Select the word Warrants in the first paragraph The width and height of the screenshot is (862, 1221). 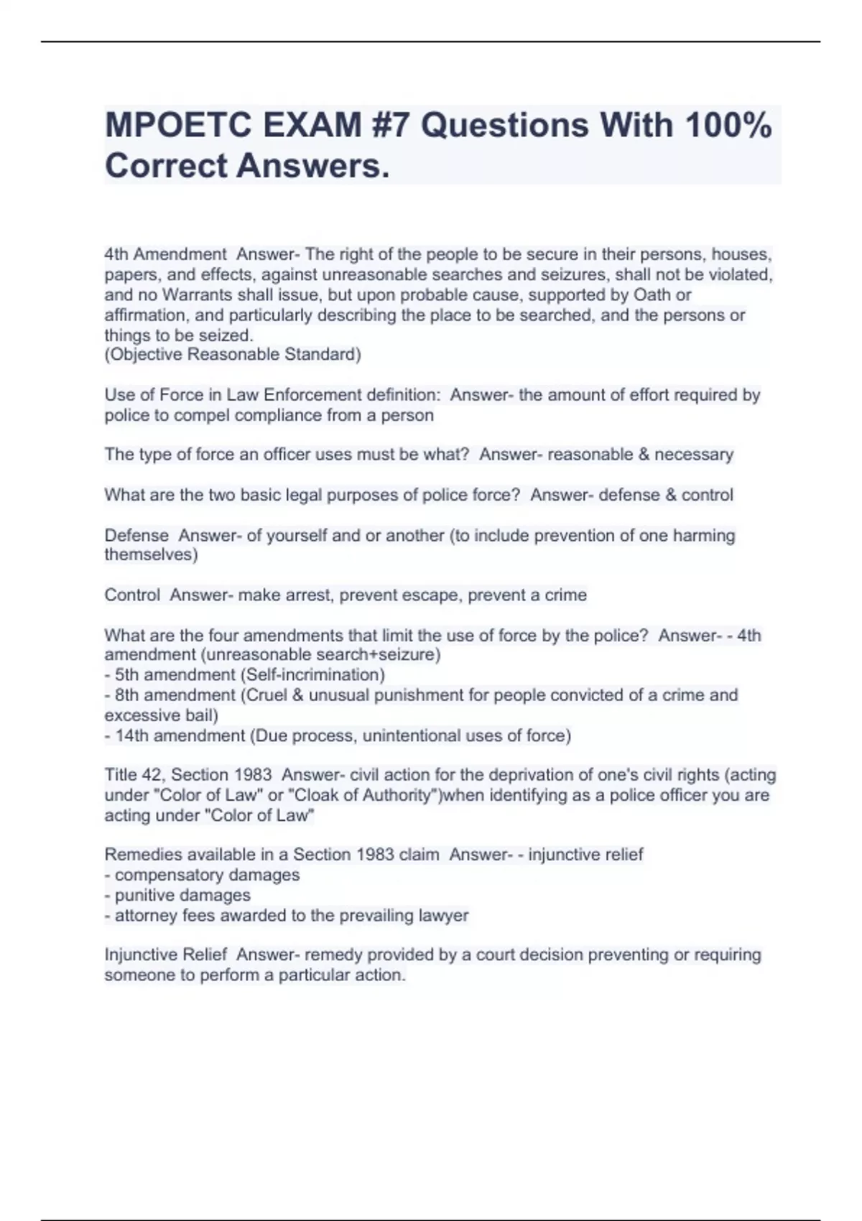point(193,294)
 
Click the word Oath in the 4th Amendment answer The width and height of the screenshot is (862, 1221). point(651,294)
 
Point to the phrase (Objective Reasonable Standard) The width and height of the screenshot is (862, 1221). point(233,354)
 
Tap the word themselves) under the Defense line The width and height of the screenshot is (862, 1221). point(151,554)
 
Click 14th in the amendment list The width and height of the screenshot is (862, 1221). point(132,735)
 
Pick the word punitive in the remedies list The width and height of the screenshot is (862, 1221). point(146,895)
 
